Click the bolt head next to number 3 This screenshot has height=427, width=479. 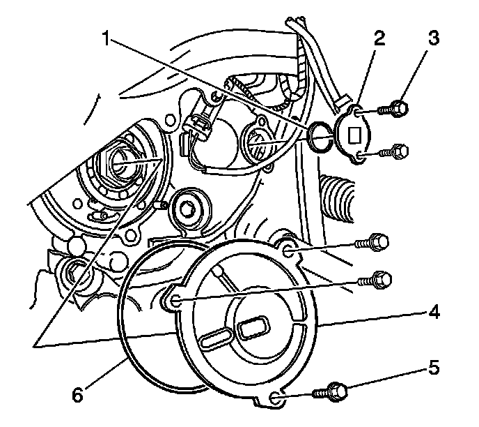(x=398, y=108)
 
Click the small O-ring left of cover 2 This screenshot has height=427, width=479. (x=320, y=137)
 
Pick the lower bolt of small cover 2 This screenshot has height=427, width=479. (x=399, y=149)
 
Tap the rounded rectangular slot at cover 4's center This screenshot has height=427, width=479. (x=249, y=326)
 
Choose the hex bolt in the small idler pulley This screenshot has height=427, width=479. (x=189, y=208)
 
